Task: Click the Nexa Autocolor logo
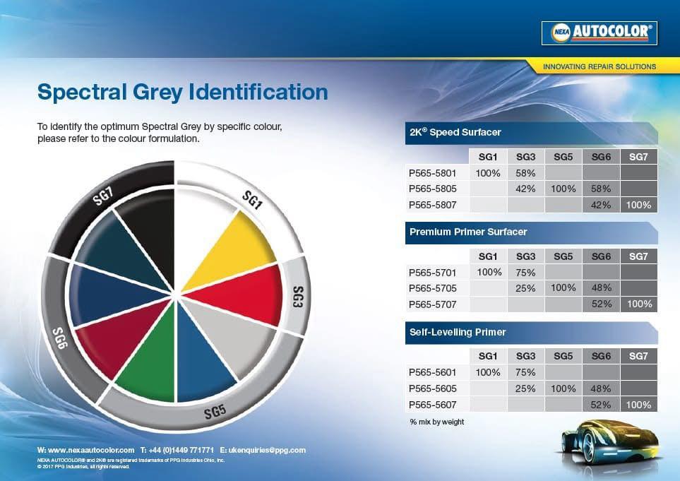tap(600, 33)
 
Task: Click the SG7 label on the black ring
tap(103, 196)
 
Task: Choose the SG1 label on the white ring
tap(252, 200)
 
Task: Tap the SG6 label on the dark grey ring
tap(60, 338)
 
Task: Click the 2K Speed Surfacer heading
tap(455, 132)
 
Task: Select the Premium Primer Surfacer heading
tap(468, 232)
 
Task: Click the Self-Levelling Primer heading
tap(458, 332)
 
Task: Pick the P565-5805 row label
tap(432, 189)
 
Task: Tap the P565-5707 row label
tap(432, 304)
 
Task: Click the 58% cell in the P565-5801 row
tap(525, 173)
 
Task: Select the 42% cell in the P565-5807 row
tap(601, 205)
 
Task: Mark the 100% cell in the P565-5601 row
tap(488, 372)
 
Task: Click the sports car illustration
tap(611, 444)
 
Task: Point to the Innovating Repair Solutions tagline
tap(600, 67)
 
